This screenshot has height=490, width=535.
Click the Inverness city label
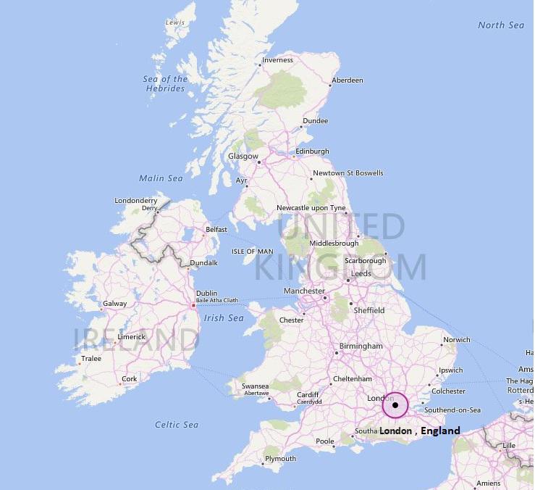(x=277, y=60)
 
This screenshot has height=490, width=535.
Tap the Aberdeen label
(x=347, y=80)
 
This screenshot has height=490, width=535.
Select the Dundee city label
(x=315, y=120)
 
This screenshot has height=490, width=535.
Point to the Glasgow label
(x=243, y=156)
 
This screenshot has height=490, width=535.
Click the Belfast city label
(x=216, y=229)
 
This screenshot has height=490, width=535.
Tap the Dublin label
(x=206, y=294)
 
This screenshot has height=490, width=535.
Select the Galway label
(x=115, y=304)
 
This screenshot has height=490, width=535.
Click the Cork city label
(x=130, y=378)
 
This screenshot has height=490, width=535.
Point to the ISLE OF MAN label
(x=253, y=251)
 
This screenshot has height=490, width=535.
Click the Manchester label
(x=304, y=291)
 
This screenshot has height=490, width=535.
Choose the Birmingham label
(x=361, y=346)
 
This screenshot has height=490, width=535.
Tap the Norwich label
(x=457, y=339)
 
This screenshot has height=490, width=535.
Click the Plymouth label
(x=280, y=458)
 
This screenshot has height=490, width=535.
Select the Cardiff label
(x=308, y=394)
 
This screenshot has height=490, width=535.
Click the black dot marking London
(x=395, y=405)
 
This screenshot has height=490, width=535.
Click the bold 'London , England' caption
(x=420, y=431)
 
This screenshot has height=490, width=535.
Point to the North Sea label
(x=501, y=25)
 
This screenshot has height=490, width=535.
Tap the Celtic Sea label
(x=177, y=424)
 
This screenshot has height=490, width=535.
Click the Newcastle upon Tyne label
(x=311, y=208)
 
